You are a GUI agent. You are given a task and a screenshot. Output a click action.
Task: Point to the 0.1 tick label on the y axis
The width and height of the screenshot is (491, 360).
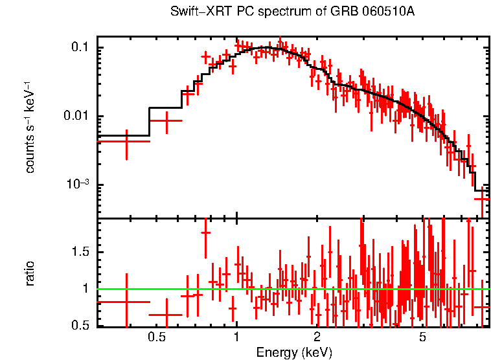pos(80,48)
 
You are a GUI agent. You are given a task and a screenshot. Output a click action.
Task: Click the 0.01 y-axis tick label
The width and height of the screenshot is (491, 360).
pos(76,117)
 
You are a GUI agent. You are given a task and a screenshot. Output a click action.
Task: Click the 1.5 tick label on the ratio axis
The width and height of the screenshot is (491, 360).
pos(80,251)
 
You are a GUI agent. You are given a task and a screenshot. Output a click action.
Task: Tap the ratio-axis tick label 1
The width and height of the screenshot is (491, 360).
pos(85,289)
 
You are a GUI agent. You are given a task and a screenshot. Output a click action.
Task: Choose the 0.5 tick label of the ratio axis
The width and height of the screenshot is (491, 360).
pos(80,326)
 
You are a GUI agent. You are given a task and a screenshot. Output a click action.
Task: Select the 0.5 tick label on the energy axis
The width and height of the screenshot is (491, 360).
pos(156,337)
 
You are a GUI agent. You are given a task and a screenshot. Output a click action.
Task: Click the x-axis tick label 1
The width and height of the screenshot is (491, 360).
pos(236,337)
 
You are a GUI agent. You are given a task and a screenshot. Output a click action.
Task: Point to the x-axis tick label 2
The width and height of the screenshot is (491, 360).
pos(317,337)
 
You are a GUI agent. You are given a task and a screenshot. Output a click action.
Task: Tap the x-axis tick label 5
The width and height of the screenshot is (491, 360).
pos(422,337)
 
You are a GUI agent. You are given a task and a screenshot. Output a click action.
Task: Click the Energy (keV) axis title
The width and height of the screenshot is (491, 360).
pos(293,352)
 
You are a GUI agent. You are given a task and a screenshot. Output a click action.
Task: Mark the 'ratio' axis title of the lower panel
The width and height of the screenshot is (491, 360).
pos(30,273)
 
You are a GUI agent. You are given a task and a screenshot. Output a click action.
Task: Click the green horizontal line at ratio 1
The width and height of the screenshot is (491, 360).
pos(291,289)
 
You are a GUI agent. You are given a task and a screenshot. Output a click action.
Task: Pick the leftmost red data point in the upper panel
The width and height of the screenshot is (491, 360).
pos(126,141)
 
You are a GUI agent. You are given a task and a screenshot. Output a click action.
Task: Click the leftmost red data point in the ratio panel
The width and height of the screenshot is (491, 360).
pos(126,302)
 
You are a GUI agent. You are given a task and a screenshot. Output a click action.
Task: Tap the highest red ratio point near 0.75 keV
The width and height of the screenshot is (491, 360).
pos(206,232)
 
